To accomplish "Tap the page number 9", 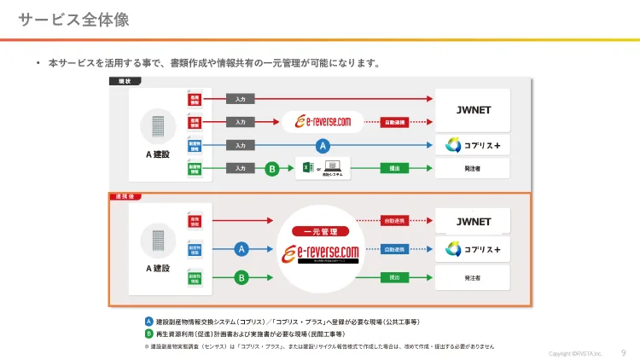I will coord(623,351).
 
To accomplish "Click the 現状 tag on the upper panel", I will coord(124,81).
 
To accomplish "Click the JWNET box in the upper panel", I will coord(473,110).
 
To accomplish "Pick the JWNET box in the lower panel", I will coord(473,222).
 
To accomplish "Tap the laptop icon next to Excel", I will coord(334,167).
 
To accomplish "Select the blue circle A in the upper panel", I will coord(323,146).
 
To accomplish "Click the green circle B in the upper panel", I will coord(271,169).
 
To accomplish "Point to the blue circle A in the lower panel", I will coord(241,249).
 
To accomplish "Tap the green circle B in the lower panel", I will coord(241,277).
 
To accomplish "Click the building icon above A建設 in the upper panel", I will coord(159,126).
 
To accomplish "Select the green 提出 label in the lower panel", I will coord(395,277).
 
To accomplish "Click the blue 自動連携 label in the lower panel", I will coord(395,249).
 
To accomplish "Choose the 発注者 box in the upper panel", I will coord(473,169).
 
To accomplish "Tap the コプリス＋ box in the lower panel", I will coord(473,249).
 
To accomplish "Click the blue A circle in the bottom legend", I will coord(149,322).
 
